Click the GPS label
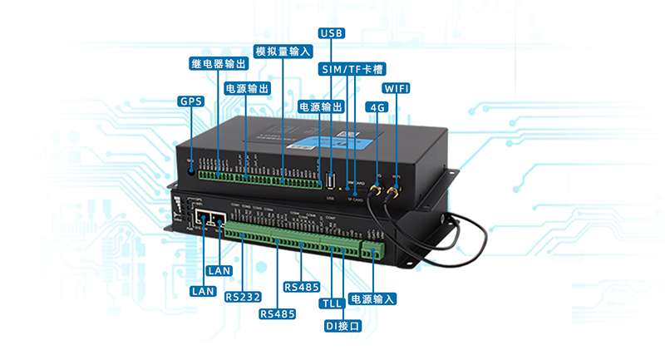coord(190,101)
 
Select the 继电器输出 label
coord(217,64)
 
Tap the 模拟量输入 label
coord(283,51)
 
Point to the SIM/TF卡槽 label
coord(352,69)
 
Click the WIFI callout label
coord(396,88)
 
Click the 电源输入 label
coord(372,298)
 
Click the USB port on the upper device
coord(331,183)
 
